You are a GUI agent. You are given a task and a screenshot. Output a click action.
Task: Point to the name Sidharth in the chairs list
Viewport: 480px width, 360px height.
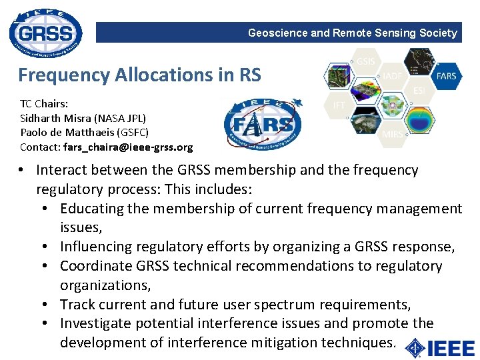tap(41, 118)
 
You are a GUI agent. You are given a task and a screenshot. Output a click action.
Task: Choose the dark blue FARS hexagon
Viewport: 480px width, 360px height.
tap(446, 76)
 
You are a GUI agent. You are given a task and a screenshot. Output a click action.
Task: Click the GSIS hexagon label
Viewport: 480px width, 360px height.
tap(366, 62)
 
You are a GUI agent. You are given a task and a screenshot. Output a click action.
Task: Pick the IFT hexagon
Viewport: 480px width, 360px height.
tap(339, 105)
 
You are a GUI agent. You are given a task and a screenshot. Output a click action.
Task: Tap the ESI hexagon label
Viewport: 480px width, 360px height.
tap(419, 91)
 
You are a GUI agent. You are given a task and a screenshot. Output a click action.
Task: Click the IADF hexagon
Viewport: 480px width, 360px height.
tap(393, 77)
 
